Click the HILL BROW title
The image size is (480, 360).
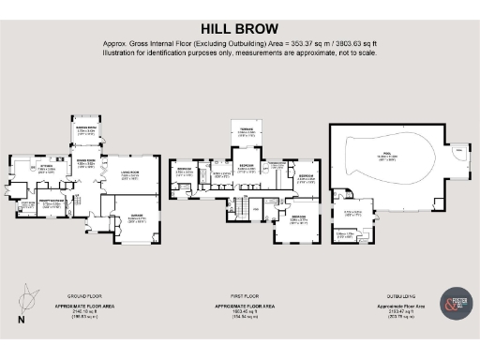point(239,29)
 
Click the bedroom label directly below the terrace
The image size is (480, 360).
point(247,169)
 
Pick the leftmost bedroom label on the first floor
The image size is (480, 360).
point(185,171)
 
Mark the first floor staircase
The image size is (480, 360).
point(242,209)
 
